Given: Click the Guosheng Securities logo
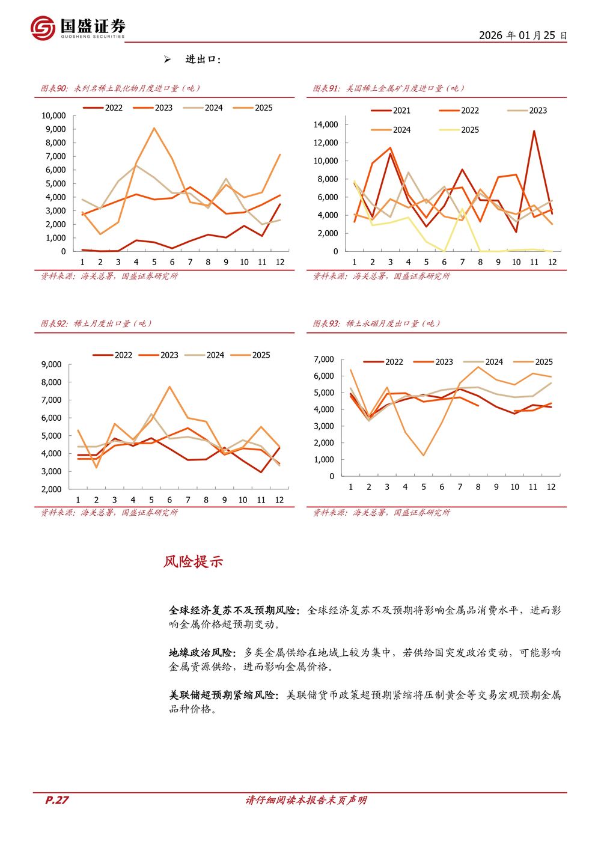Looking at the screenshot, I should click(x=78, y=28).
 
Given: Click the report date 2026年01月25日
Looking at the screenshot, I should click(x=522, y=35).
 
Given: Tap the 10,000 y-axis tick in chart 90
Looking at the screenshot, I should click(x=53, y=115).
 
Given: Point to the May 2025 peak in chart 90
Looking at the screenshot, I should click(x=154, y=128).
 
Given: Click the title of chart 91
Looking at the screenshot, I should click(x=389, y=88).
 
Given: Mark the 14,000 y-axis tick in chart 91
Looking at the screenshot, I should click(x=326, y=124).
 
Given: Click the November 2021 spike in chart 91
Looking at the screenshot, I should click(x=534, y=131).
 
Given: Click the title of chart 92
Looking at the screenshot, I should click(x=96, y=323).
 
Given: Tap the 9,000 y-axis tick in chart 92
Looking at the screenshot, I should click(x=51, y=364).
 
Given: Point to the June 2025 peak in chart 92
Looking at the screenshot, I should click(x=169, y=387).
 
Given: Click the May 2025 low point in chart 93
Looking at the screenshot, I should click(x=424, y=455).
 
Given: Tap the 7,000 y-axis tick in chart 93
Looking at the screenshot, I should click(x=324, y=359).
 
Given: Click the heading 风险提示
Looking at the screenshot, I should click(x=193, y=561).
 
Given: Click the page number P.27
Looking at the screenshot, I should click(x=57, y=800).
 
